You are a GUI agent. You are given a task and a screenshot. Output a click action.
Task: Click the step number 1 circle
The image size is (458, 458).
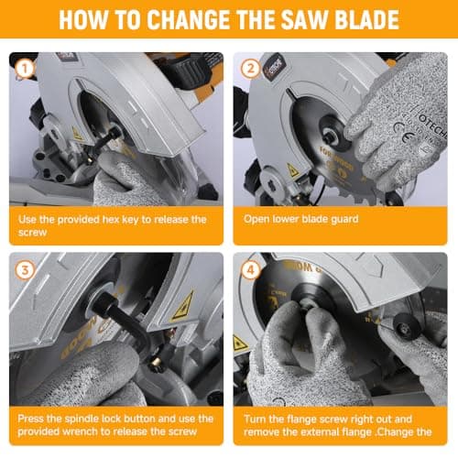25,68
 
